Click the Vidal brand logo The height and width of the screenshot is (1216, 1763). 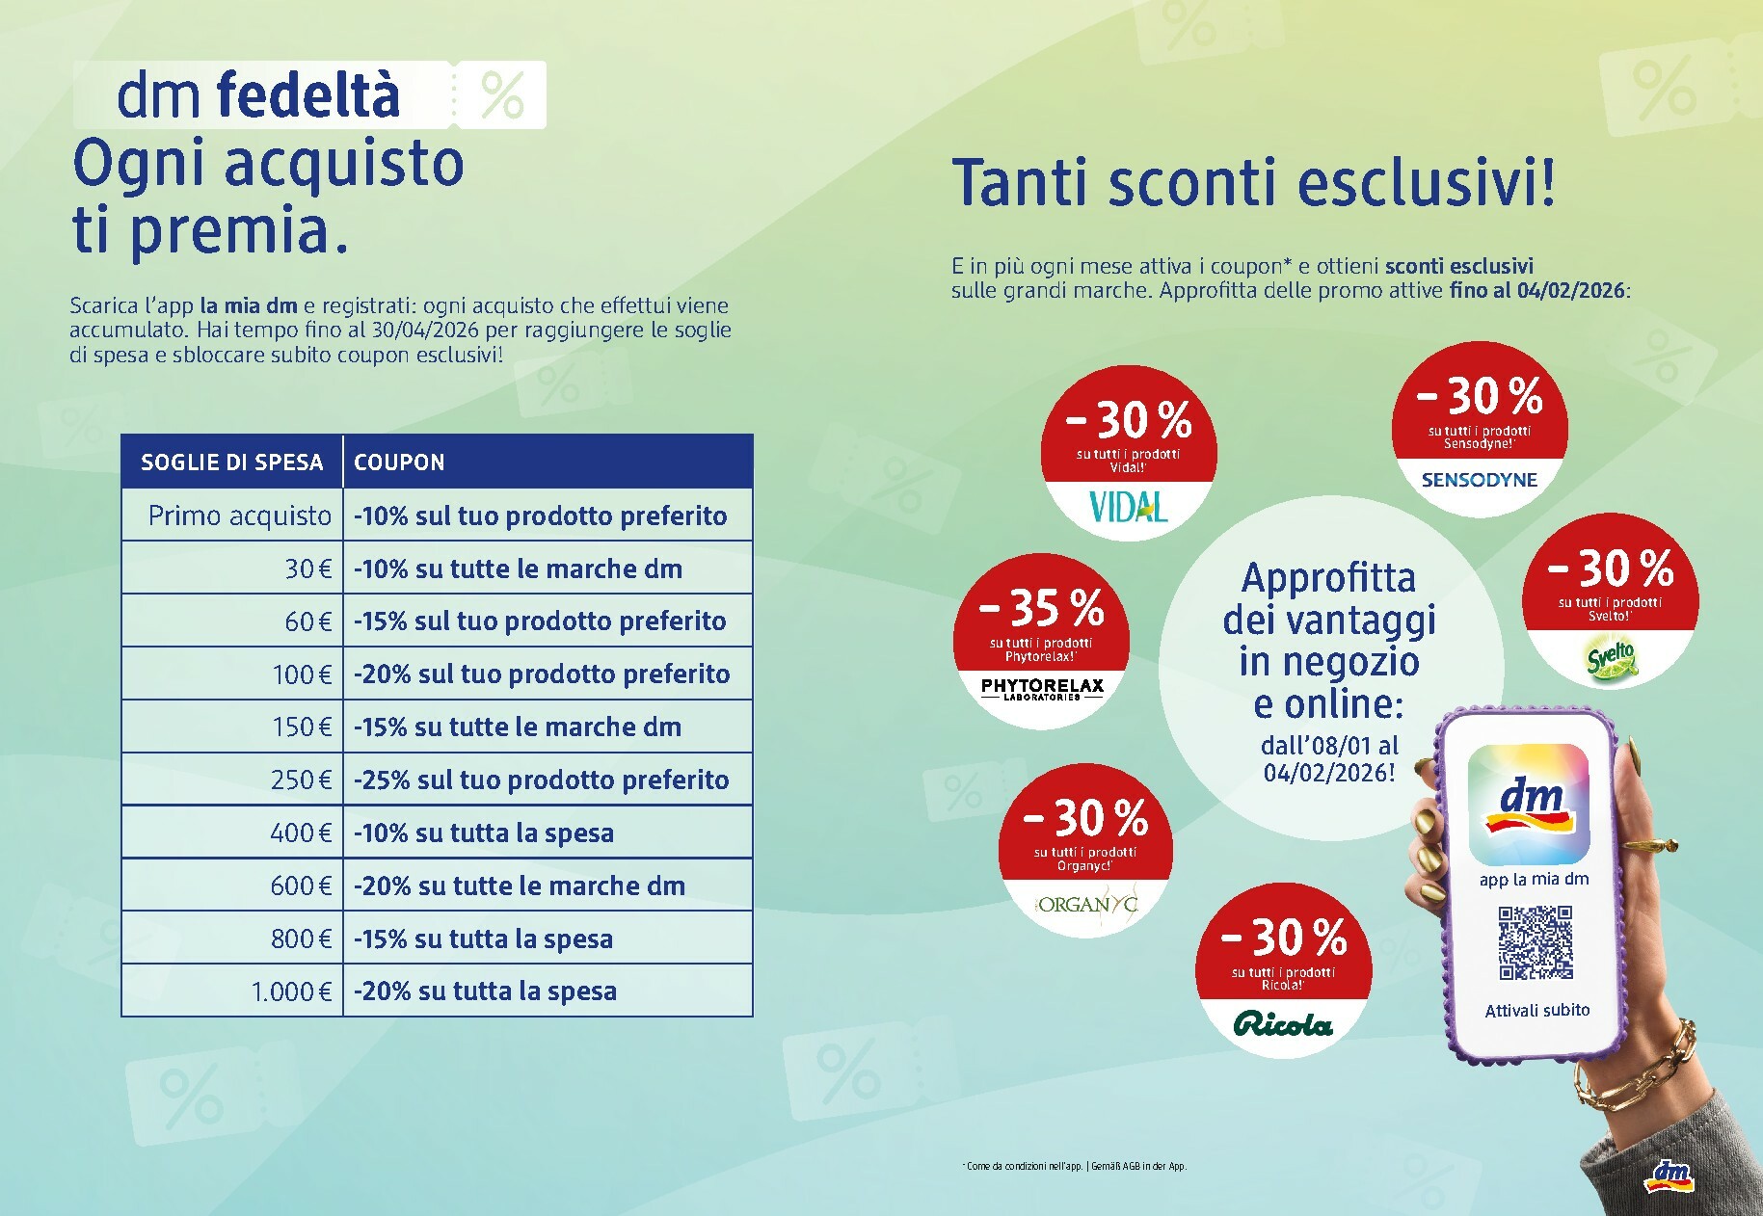click(1128, 506)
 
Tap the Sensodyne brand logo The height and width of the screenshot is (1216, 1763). click(1479, 479)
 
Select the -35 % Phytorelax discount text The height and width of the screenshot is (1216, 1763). click(1041, 608)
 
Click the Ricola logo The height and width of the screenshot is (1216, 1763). click(1283, 1024)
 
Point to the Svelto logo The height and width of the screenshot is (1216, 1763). click(1611, 662)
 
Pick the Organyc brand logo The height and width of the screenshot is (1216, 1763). click(1086, 904)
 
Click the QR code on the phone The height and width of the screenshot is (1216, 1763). click(1535, 941)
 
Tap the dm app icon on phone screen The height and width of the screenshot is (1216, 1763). click(1529, 804)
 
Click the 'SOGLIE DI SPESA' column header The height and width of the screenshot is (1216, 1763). click(231, 463)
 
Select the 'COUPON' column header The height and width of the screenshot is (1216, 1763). click(399, 463)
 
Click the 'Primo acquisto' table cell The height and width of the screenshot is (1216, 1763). click(239, 515)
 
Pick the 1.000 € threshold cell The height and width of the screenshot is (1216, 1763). click(291, 991)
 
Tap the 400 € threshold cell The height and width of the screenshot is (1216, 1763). click(301, 833)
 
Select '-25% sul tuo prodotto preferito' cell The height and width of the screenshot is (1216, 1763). click(541, 780)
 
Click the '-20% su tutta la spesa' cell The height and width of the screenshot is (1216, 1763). click(485, 991)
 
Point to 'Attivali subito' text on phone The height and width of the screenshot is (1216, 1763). click(1536, 1011)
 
